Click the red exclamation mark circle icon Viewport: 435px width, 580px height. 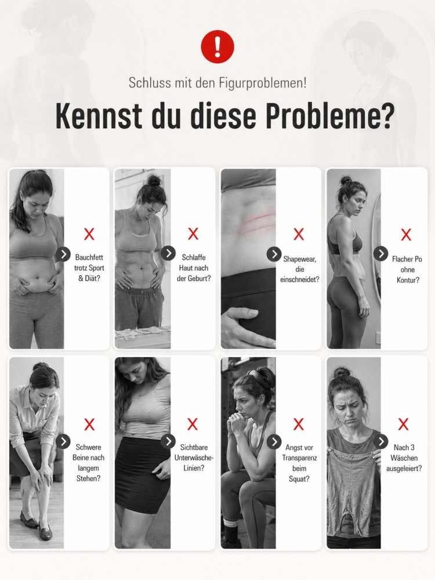pyautogui.click(x=217, y=46)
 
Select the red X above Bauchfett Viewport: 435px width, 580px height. pyautogui.click(x=89, y=234)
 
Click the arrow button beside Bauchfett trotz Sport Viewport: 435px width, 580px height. pyautogui.click(x=64, y=254)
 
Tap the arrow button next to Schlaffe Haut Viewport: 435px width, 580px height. pyautogui.click(x=168, y=253)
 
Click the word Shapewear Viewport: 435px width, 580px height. pyautogui.click(x=300, y=259)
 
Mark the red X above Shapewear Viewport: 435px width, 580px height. pyautogui.click(x=299, y=234)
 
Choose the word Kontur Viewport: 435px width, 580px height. pyautogui.click(x=408, y=280)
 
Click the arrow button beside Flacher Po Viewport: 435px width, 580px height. pyautogui.click(x=380, y=254)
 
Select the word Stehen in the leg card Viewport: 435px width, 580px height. pyautogui.click(x=88, y=478)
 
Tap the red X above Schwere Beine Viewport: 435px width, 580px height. pyautogui.click(x=89, y=425)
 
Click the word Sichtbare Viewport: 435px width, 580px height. pyautogui.click(x=194, y=447)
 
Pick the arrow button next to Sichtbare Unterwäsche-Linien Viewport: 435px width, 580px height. pyautogui.click(x=168, y=441)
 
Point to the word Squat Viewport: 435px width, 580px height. pyautogui.click(x=299, y=479)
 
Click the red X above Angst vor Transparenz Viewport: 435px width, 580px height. pyautogui.click(x=299, y=425)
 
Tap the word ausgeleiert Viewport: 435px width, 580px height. pyautogui.click(x=404, y=468)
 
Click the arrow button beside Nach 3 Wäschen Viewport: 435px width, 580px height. pyautogui.click(x=380, y=441)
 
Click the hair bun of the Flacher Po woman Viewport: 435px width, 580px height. pyautogui.click(x=346, y=180)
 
